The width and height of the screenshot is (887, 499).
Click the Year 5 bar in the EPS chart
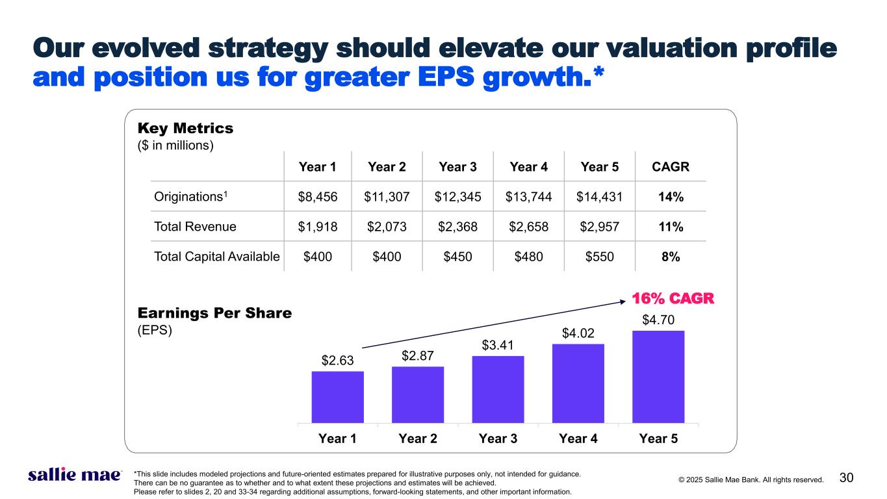click(658, 377)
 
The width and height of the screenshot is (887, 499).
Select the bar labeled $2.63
click(337, 397)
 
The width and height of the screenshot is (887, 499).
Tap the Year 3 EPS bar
click(498, 389)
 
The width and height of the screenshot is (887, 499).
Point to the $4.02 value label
click(578, 335)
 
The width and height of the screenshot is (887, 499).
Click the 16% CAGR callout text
click(673, 299)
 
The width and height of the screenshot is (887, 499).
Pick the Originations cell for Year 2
click(386, 196)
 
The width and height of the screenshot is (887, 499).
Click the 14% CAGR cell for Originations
click(670, 196)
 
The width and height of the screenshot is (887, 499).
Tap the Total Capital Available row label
click(216, 257)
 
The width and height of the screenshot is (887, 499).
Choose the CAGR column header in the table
click(670, 167)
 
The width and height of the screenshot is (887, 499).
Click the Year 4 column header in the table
click(528, 167)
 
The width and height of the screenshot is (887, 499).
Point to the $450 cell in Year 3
click(457, 257)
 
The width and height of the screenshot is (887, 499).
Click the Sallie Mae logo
click(75, 476)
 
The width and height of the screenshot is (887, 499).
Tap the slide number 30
click(846, 478)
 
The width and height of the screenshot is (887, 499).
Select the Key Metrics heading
click(185, 129)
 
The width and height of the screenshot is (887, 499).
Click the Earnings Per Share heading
click(214, 313)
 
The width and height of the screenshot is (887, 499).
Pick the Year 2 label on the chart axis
click(417, 438)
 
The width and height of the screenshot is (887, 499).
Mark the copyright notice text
click(751, 480)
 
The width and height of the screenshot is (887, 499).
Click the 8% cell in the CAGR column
click(670, 257)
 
